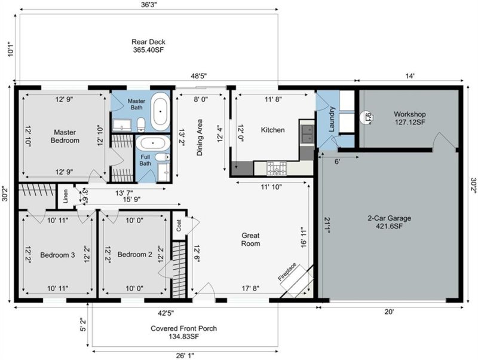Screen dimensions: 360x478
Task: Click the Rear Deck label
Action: click(x=148, y=47)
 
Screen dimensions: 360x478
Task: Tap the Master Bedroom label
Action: click(x=66, y=136)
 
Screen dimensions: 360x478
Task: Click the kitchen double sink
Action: click(x=307, y=135)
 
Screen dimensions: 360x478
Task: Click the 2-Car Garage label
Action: click(x=389, y=222)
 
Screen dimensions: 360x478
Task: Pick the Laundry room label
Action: click(x=328, y=117)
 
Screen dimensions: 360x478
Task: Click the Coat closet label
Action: click(x=179, y=225)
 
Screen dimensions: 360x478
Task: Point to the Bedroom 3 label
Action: click(x=57, y=255)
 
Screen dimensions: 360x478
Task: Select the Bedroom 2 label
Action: click(x=134, y=255)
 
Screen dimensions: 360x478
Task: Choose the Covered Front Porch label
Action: click(x=183, y=332)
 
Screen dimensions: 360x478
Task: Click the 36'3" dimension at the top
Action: click(x=148, y=5)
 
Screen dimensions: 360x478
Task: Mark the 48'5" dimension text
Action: click(x=198, y=77)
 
